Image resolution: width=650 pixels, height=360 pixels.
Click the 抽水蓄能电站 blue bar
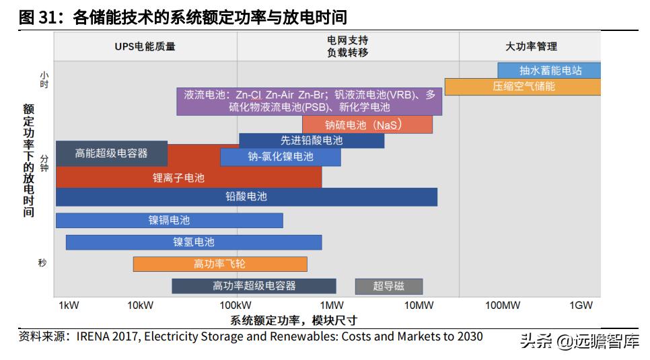[549, 70]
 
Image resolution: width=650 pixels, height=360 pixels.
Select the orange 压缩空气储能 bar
[523, 87]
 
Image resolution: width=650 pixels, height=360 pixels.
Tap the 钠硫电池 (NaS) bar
[367, 125]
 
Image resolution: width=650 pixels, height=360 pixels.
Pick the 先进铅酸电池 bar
[312, 141]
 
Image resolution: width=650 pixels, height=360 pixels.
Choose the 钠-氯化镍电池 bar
[280, 157]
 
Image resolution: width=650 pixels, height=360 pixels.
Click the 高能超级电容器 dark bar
[112, 153]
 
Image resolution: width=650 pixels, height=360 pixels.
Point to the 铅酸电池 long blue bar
[246, 196]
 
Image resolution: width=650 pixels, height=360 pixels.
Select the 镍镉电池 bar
[169, 220]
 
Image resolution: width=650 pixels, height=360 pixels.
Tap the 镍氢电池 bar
[194, 242]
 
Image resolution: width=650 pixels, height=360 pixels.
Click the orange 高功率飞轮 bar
[220, 264]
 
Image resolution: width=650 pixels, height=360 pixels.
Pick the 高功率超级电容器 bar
[254, 286]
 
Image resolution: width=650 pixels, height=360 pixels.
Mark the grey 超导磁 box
[389, 286]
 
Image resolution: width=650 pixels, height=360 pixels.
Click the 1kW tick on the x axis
[69, 305]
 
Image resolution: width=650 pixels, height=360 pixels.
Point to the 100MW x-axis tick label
[503, 305]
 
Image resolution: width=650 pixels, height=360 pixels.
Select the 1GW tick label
[581, 305]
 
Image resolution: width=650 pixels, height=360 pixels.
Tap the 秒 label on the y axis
[43, 263]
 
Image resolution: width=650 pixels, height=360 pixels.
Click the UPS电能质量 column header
[145, 46]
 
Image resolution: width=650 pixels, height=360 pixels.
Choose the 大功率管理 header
[531, 46]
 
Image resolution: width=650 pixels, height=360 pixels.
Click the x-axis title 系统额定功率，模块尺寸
[293, 320]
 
